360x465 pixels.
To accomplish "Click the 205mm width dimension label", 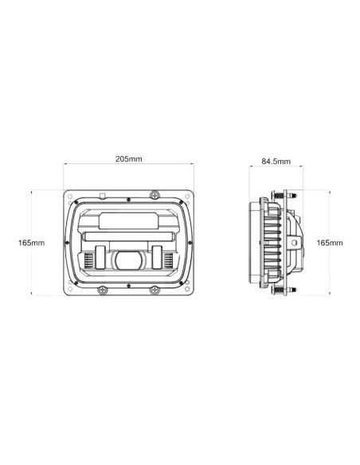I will (128, 158).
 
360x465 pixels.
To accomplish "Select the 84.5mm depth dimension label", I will (276, 162).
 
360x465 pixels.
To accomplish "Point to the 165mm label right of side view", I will (329, 242).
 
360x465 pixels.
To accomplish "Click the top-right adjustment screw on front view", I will (155, 193).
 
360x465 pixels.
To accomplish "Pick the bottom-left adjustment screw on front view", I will (101, 289).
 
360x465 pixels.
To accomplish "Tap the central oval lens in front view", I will (129, 260).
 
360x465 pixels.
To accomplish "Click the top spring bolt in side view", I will (281, 194).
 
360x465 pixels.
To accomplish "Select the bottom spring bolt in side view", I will (281, 290).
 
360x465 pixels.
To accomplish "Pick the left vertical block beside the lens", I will (101, 256).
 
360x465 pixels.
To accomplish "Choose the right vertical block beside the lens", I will (157, 256).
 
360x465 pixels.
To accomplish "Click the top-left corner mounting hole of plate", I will (69, 194).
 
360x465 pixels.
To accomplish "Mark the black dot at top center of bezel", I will (128, 199).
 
